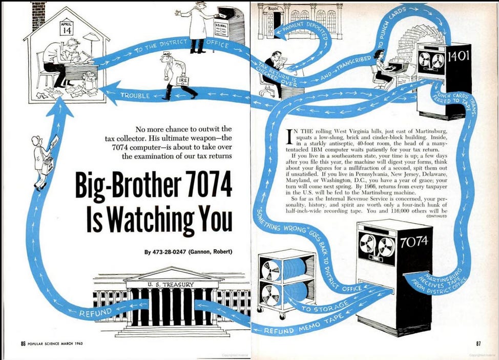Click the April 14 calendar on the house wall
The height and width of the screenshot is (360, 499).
(x=67, y=28)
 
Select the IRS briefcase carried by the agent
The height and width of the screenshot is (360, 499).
(x=183, y=81)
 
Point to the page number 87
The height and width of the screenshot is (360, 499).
(x=479, y=344)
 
